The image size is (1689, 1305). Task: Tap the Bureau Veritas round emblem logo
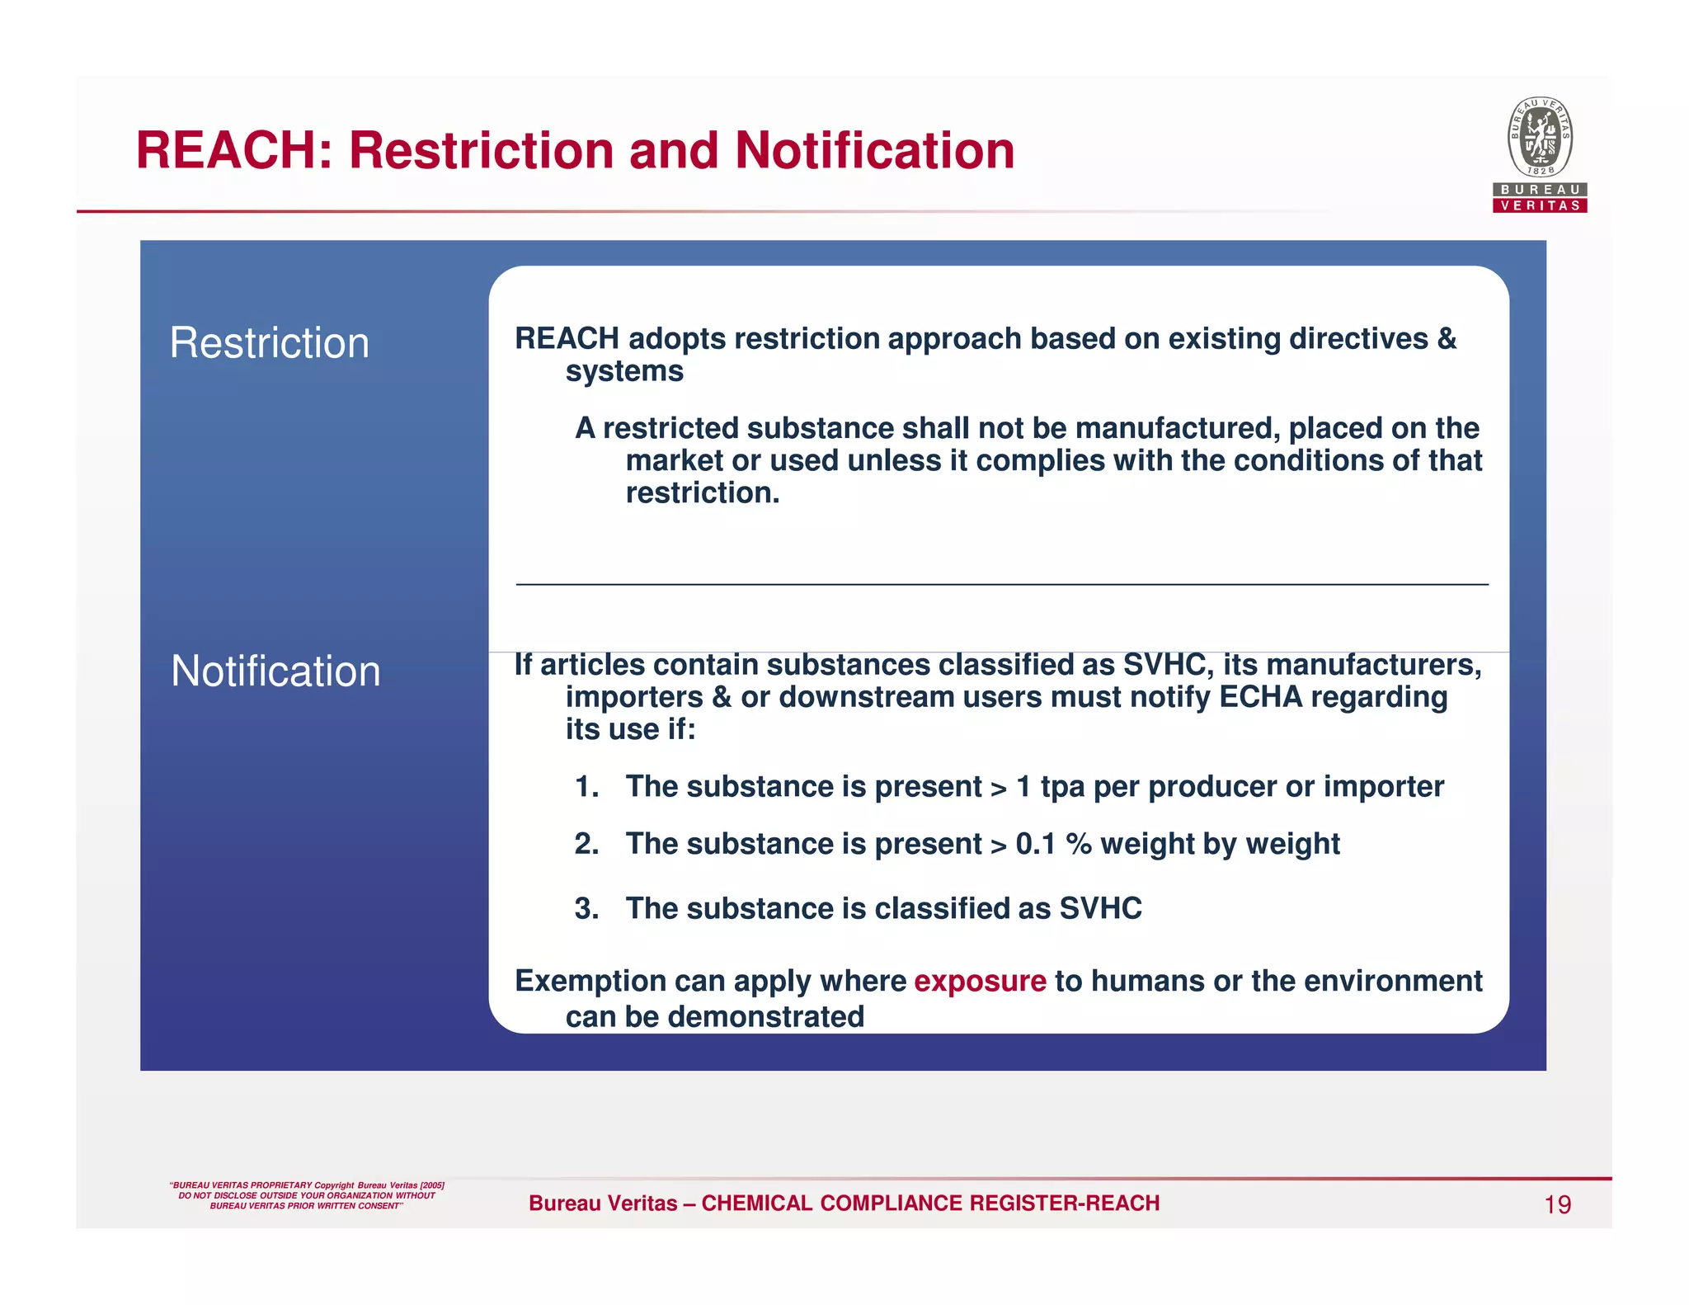[1540, 137]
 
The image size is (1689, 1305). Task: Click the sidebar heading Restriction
[269, 342]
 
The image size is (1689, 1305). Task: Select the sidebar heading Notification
[275, 671]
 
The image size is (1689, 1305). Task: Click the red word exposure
[980, 981]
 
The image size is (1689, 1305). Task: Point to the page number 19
[1557, 1205]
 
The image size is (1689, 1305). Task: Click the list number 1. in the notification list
[586, 787]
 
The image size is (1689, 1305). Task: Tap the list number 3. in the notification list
[586, 909]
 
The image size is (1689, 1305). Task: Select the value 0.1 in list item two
[1036, 844]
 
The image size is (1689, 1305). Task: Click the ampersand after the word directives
[1447, 339]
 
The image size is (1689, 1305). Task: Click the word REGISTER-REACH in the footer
[1065, 1204]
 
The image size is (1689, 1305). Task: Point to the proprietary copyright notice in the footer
[307, 1195]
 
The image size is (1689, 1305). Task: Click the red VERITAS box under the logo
[1540, 205]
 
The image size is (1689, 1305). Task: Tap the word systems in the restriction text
[624, 371]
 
